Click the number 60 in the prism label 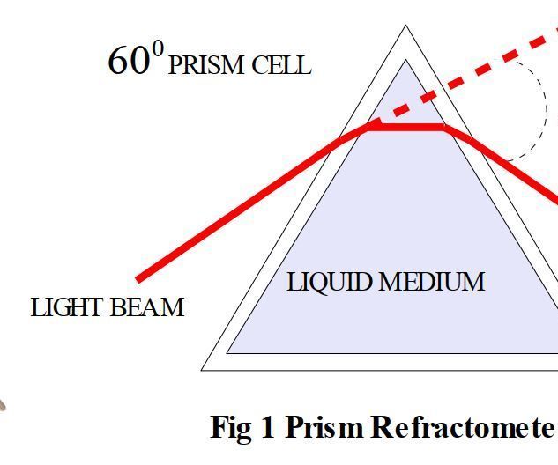[x=129, y=61]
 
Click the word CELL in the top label [x=281, y=65]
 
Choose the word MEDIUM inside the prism [x=432, y=282]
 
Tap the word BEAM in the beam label [x=147, y=307]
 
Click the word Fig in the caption [x=231, y=428]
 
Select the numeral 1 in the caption [x=268, y=426]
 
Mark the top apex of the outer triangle [x=405, y=26]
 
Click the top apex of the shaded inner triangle [x=405, y=60]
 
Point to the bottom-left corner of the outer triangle [x=201, y=371]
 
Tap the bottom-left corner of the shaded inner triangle [x=227, y=353]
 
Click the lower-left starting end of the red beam [x=138, y=280]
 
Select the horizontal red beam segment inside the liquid [x=405, y=127]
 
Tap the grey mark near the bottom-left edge [x=2, y=405]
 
